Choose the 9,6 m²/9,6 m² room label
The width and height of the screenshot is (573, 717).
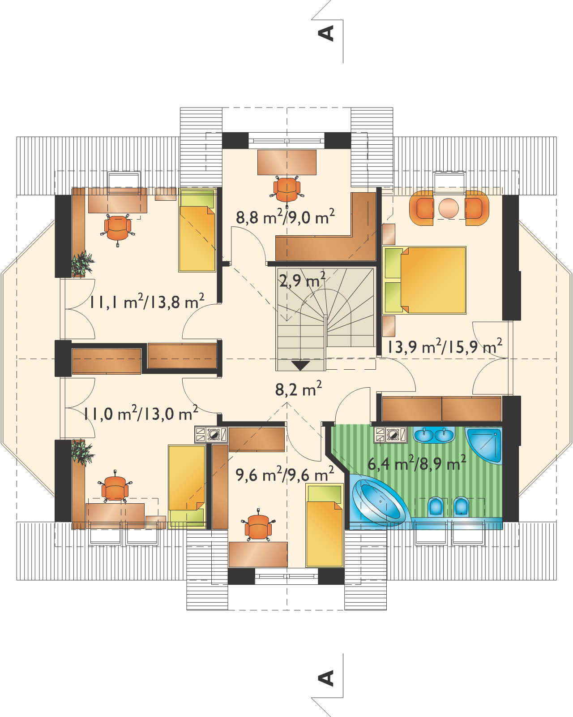[285, 471]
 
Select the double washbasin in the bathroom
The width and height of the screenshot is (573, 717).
[432, 434]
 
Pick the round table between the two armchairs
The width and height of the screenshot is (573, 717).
[449, 207]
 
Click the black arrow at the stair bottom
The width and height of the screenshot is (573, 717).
[300, 365]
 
